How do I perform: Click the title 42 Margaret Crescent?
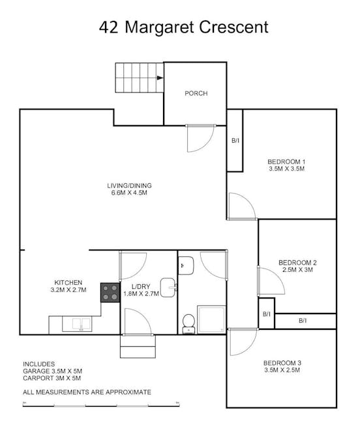click(x=184, y=27)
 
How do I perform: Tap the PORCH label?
click(x=196, y=93)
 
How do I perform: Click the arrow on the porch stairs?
click(x=160, y=78)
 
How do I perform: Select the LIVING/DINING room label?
click(x=129, y=186)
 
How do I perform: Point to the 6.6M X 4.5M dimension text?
click(x=129, y=193)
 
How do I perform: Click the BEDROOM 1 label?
click(x=286, y=162)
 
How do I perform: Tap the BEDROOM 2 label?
click(x=297, y=263)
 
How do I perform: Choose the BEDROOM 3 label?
click(x=282, y=363)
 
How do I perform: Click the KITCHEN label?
click(x=68, y=282)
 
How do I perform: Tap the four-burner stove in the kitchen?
click(x=110, y=293)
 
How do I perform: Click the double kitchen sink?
click(x=77, y=323)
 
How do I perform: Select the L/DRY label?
click(x=141, y=287)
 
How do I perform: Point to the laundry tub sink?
click(x=168, y=287)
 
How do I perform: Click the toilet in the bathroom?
click(x=188, y=324)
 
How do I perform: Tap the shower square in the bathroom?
click(x=211, y=319)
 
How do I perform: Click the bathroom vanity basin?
click(x=186, y=265)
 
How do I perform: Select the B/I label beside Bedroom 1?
click(x=235, y=140)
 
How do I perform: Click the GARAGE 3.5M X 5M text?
click(x=53, y=371)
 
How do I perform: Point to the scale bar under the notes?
click(x=101, y=405)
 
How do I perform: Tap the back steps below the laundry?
click(x=138, y=346)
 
